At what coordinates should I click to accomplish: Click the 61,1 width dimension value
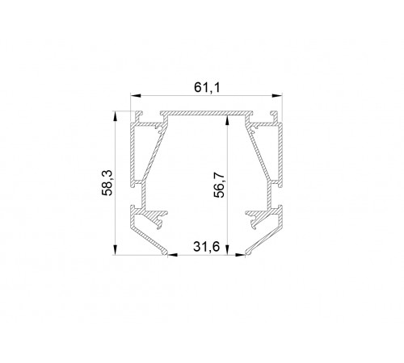click(x=207, y=87)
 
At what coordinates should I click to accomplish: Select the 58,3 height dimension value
click(x=107, y=183)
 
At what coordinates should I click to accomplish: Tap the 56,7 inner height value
click(x=219, y=185)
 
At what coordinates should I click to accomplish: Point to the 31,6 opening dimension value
click(x=206, y=247)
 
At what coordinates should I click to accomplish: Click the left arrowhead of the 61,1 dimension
click(x=136, y=95)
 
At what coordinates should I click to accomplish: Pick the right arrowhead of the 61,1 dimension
click(x=277, y=95)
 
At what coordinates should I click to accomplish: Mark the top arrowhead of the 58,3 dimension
click(x=116, y=116)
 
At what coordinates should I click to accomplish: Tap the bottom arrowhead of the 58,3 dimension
click(x=116, y=249)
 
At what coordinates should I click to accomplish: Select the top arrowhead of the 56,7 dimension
click(x=228, y=120)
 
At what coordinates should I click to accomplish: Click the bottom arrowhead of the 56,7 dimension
click(x=228, y=249)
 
